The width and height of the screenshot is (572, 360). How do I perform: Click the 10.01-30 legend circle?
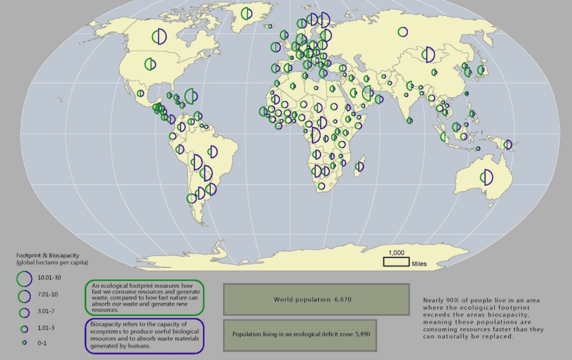point(24,278)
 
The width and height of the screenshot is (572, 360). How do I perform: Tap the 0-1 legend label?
point(41,342)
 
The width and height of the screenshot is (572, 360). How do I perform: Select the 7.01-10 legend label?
point(47,295)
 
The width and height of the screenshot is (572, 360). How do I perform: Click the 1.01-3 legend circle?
point(24,328)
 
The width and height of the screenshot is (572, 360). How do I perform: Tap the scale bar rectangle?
point(396,261)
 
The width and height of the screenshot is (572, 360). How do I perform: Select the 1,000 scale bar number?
point(396,252)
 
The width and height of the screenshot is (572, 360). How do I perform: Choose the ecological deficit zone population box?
point(299,333)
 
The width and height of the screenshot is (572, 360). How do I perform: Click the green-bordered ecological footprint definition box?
point(145,297)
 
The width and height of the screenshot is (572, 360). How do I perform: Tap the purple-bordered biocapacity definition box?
point(145,335)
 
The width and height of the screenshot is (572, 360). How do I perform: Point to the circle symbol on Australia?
point(487,177)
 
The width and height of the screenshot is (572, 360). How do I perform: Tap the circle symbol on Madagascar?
point(359,166)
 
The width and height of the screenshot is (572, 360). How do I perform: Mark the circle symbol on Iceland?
point(275,47)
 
